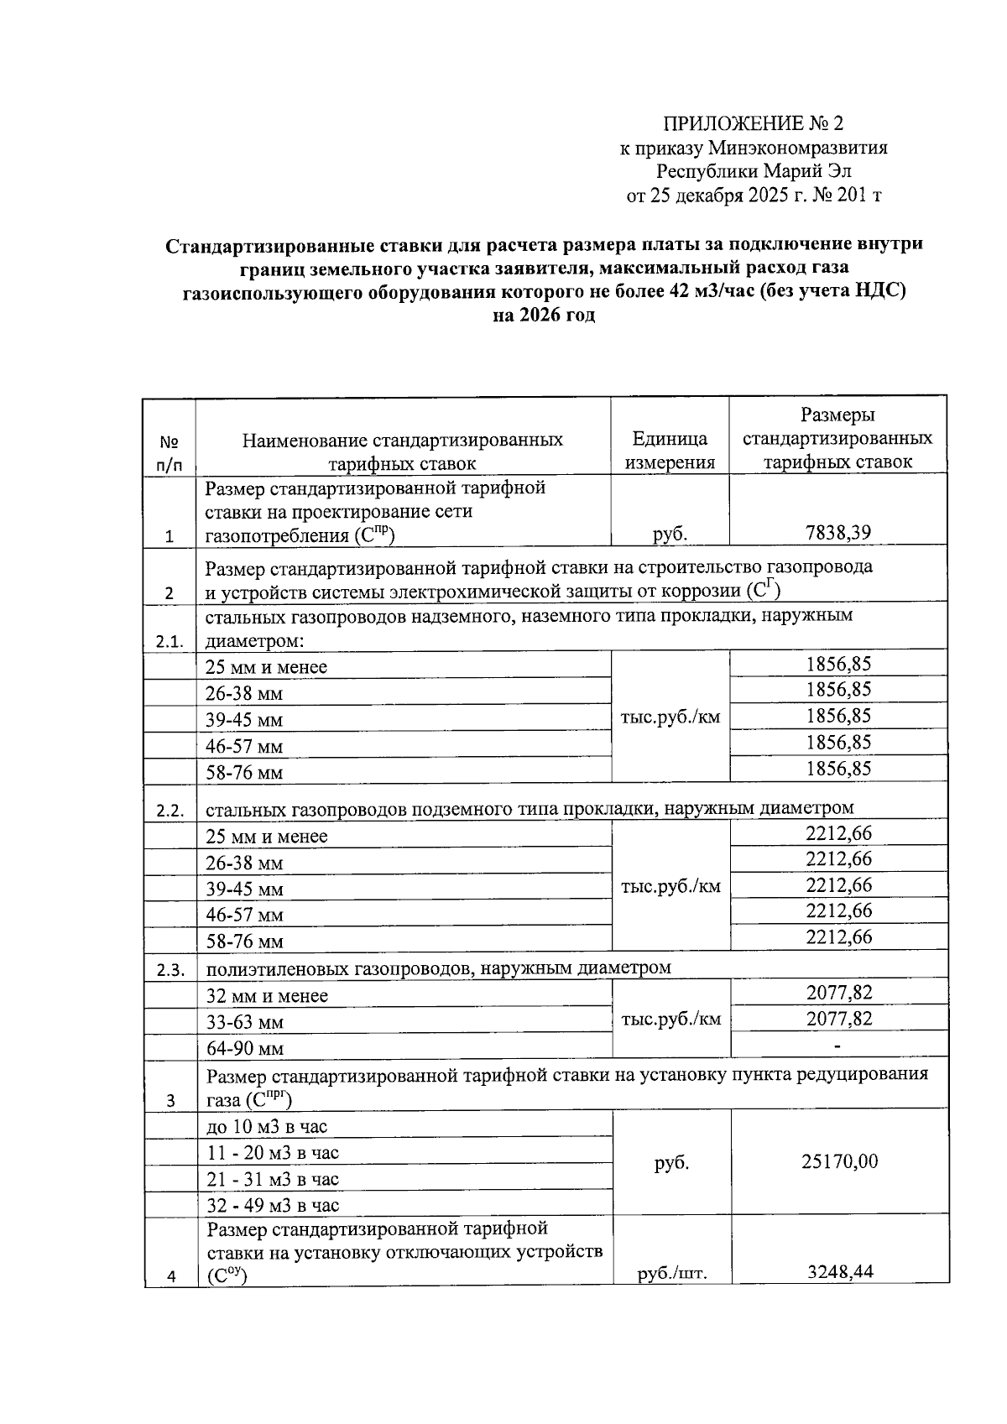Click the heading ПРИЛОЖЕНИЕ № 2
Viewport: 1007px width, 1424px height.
753,124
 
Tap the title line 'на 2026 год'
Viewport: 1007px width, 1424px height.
544,316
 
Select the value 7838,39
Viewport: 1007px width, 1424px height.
837,532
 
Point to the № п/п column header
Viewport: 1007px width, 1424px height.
170,452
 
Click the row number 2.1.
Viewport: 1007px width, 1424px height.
170,642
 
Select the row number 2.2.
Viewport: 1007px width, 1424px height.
170,811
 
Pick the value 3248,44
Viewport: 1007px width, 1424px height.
839,1272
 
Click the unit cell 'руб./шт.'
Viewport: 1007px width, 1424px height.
671,1274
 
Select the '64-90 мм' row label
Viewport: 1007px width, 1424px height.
245,1048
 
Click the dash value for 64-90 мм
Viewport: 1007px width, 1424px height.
837,1046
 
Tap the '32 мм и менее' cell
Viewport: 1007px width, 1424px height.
267,996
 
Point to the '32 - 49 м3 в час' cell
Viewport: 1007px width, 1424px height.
273,1205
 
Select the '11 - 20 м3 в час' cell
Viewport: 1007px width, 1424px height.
273,1153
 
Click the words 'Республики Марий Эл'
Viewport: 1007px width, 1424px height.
753,172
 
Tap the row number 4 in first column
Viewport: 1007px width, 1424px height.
170,1277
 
